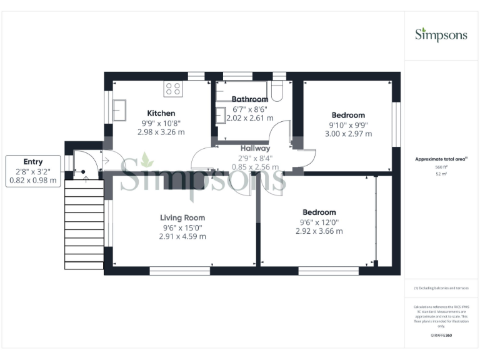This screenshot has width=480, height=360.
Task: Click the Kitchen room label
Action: point(161,113)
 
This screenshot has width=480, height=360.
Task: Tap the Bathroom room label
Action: point(250,99)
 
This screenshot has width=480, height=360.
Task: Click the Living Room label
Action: point(182,217)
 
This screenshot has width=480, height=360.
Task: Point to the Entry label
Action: point(33,161)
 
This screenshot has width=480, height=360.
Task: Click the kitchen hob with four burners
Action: point(172,89)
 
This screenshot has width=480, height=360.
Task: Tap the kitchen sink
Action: point(120,111)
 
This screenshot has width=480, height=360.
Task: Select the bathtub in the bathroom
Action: point(244,91)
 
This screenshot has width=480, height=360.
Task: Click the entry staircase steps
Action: point(84,225)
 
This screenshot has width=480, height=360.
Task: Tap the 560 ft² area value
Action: point(441,167)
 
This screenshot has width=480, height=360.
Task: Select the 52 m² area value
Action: point(441,175)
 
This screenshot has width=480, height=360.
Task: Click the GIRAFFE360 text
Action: point(441,336)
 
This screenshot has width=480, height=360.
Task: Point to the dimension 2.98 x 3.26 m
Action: point(161,132)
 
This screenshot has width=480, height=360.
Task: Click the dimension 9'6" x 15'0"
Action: point(182,227)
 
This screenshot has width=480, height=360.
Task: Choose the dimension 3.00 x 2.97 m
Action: point(348,134)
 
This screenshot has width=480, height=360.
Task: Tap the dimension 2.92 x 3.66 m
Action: point(319,231)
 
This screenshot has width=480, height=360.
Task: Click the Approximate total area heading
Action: point(441,159)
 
